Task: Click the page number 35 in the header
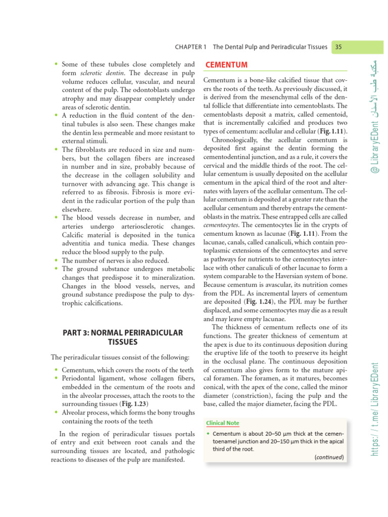coord(338,46)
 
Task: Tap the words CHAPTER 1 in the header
coord(191,46)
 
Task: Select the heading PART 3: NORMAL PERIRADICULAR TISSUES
coord(122,337)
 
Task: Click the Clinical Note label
coord(223,423)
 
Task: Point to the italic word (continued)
coord(329,457)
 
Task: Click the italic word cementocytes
coord(220,226)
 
